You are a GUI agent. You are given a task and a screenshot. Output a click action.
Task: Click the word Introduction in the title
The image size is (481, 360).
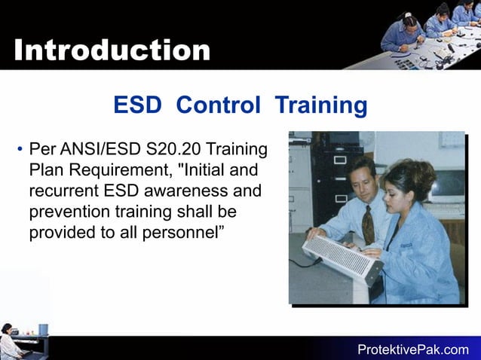pyautogui.click(x=112, y=50)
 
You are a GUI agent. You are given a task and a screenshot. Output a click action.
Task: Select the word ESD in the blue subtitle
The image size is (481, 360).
pyautogui.click(x=137, y=105)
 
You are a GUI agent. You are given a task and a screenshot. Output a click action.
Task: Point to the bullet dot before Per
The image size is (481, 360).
pyautogui.click(x=19, y=148)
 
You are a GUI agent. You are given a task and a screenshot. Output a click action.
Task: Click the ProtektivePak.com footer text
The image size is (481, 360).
pyautogui.click(x=412, y=349)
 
